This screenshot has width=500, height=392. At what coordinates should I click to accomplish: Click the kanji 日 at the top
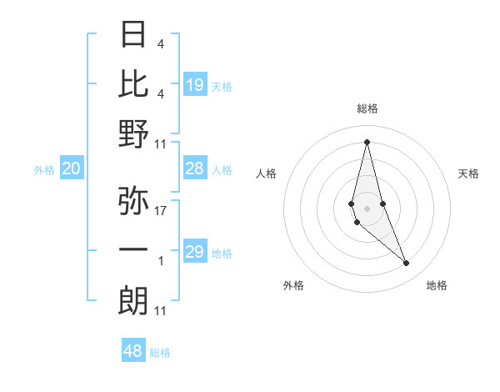133,35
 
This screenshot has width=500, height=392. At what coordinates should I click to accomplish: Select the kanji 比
133,83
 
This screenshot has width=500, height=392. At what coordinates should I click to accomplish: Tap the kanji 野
133,134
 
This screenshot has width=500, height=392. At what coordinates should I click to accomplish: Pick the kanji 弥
133,201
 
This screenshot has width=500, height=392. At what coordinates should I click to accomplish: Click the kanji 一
133,250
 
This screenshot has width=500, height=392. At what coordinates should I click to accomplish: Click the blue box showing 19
195,84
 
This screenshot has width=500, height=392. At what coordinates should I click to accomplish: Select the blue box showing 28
195,169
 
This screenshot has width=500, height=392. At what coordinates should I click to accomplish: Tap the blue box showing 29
195,252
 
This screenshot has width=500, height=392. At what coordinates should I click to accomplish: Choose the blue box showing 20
71,169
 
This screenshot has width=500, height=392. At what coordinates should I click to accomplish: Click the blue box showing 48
133,351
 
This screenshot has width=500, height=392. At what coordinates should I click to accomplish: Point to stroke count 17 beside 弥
161,211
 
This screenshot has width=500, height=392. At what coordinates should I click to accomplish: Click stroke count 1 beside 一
161,261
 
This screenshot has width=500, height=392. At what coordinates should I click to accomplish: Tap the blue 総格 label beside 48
161,353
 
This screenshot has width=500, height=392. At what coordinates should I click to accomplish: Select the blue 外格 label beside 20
44,170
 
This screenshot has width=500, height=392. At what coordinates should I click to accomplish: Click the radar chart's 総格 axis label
367,108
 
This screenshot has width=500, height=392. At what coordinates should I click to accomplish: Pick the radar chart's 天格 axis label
469,173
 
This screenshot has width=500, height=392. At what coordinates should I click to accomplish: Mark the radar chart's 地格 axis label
437,285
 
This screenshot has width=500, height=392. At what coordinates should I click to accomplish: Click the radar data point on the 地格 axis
407,264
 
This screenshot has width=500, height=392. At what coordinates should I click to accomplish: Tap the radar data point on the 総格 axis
367,141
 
